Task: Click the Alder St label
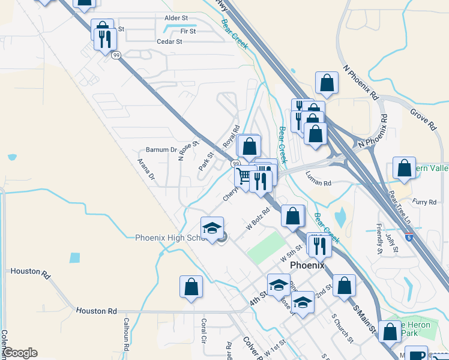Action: (176, 18)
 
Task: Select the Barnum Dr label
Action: (161, 150)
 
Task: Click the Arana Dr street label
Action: (146, 169)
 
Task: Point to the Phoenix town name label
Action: (307, 265)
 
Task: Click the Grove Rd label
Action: (423, 119)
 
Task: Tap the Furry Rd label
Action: (424, 202)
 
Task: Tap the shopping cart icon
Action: (244, 176)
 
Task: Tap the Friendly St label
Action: (379, 236)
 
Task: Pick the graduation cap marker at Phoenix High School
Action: (212, 229)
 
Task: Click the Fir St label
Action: (188, 30)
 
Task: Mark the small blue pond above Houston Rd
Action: (74, 258)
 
